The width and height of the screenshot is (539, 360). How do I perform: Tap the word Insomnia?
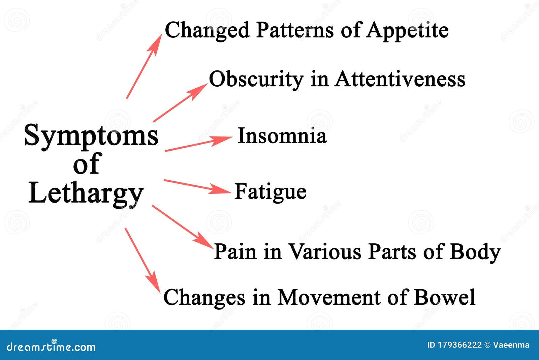(x=282, y=136)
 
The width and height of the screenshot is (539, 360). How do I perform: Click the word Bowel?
(x=444, y=297)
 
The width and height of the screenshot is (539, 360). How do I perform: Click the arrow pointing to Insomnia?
(x=199, y=144)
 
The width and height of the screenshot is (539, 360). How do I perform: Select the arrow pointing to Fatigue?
(x=197, y=186)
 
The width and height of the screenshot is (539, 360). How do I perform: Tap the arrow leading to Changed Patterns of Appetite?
(x=144, y=66)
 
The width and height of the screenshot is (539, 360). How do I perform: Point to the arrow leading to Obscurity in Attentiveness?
(x=180, y=103)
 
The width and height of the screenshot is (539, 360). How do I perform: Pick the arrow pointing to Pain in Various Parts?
(x=183, y=227)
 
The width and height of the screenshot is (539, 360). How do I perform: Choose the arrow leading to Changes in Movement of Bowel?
(x=142, y=260)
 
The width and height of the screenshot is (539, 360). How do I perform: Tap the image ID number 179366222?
(x=459, y=345)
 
